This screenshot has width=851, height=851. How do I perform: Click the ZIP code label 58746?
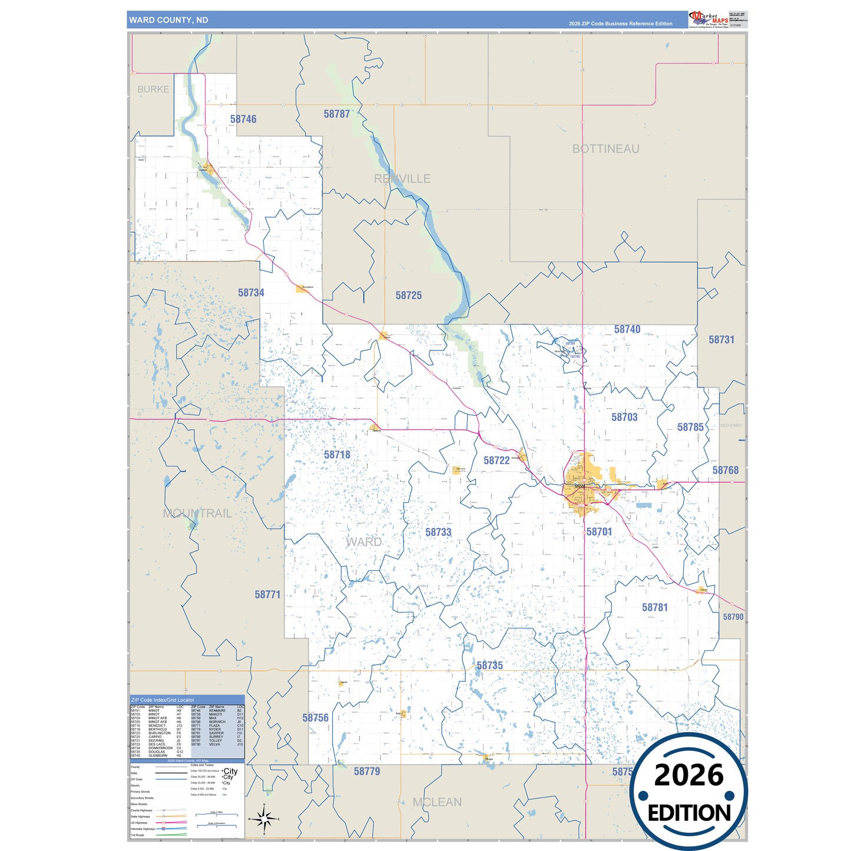(x=243, y=119)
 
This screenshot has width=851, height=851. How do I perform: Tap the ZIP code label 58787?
(x=337, y=114)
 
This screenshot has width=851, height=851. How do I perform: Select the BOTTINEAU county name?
(x=605, y=149)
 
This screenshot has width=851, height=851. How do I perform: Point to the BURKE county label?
(x=153, y=90)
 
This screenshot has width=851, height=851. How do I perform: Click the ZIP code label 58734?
(x=251, y=293)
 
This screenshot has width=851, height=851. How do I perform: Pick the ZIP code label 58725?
(x=409, y=296)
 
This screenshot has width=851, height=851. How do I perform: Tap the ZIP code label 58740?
(x=627, y=329)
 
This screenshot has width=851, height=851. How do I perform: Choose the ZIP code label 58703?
(x=624, y=417)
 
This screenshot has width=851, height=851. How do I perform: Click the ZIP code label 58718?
(x=337, y=455)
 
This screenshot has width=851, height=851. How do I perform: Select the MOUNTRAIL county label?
(x=197, y=514)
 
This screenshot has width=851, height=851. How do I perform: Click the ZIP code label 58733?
(x=438, y=532)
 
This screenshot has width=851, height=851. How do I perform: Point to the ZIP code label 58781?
(x=655, y=607)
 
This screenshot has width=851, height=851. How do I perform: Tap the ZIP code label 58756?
(x=316, y=718)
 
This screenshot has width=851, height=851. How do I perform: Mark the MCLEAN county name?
(x=437, y=802)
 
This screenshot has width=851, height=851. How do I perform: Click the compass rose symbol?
(x=264, y=819)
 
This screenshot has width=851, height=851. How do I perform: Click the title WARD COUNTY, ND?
(x=168, y=20)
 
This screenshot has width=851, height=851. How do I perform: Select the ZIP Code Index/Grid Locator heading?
(x=163, y=700)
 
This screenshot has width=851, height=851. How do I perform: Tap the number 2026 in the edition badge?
(x=688, y=775)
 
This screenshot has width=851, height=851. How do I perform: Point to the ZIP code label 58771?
(x=267, y=595)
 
